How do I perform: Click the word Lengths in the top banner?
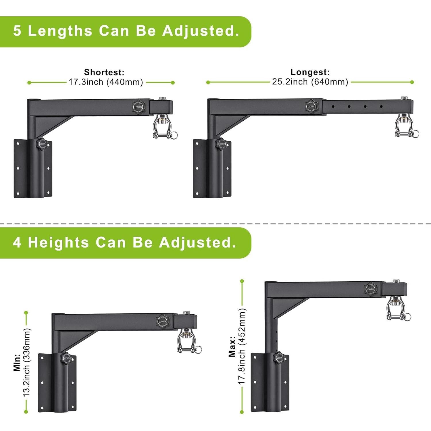click(60, 31)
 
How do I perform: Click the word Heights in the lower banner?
click(58, 243)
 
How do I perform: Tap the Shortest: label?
click(104, 72)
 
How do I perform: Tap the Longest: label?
click(310, 72)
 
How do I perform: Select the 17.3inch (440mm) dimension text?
click(106, 82)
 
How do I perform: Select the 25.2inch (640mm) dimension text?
click(310, 82)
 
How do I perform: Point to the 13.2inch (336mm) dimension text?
click(26, 362)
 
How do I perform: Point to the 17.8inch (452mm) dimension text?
click(242, 347)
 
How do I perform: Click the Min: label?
click(17, 362)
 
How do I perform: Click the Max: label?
click(232, 347)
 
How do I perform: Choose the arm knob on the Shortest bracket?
click(138, 107)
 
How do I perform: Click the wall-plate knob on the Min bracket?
click(66, 358)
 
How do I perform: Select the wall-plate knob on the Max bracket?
click(279, 358)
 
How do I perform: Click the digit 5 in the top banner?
click(17, 31)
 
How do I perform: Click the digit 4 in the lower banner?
click(17, 243)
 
